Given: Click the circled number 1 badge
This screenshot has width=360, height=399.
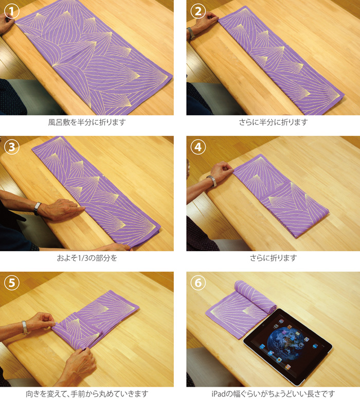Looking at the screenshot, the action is (x=12, y=11).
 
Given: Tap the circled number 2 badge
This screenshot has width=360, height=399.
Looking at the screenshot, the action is (x=198, y=11).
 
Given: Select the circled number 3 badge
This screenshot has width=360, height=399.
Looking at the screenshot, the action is (x=12, y=147).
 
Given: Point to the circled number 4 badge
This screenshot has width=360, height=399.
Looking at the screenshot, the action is (x=198, y=147).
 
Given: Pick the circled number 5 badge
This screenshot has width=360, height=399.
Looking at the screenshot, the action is (x=12, y=283).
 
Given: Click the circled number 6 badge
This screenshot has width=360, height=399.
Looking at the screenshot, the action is (x=198, y=283).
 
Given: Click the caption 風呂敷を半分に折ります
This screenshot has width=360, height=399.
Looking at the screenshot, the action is (x=87, y=123).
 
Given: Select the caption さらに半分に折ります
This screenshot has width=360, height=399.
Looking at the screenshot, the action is (x=273, y=123).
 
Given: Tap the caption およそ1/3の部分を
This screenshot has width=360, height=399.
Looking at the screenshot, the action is (x=87, y=258).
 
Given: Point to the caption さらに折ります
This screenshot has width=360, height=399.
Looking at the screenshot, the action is (x=273, y=258).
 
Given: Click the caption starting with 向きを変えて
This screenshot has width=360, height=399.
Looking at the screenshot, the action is (x=87, y=394).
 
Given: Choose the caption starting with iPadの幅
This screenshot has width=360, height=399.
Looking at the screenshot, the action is (x=273, y=394).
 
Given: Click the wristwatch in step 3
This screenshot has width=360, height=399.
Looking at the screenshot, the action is (x=38, y=209).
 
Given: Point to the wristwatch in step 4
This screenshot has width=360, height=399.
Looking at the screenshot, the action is (x=212, y=181).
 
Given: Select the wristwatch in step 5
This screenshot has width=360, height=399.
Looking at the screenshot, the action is (x=24, y=327).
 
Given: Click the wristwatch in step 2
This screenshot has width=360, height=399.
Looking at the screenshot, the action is (x=190, y=33).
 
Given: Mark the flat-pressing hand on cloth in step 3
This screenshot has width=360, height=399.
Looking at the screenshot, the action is (x=62, y=209).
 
